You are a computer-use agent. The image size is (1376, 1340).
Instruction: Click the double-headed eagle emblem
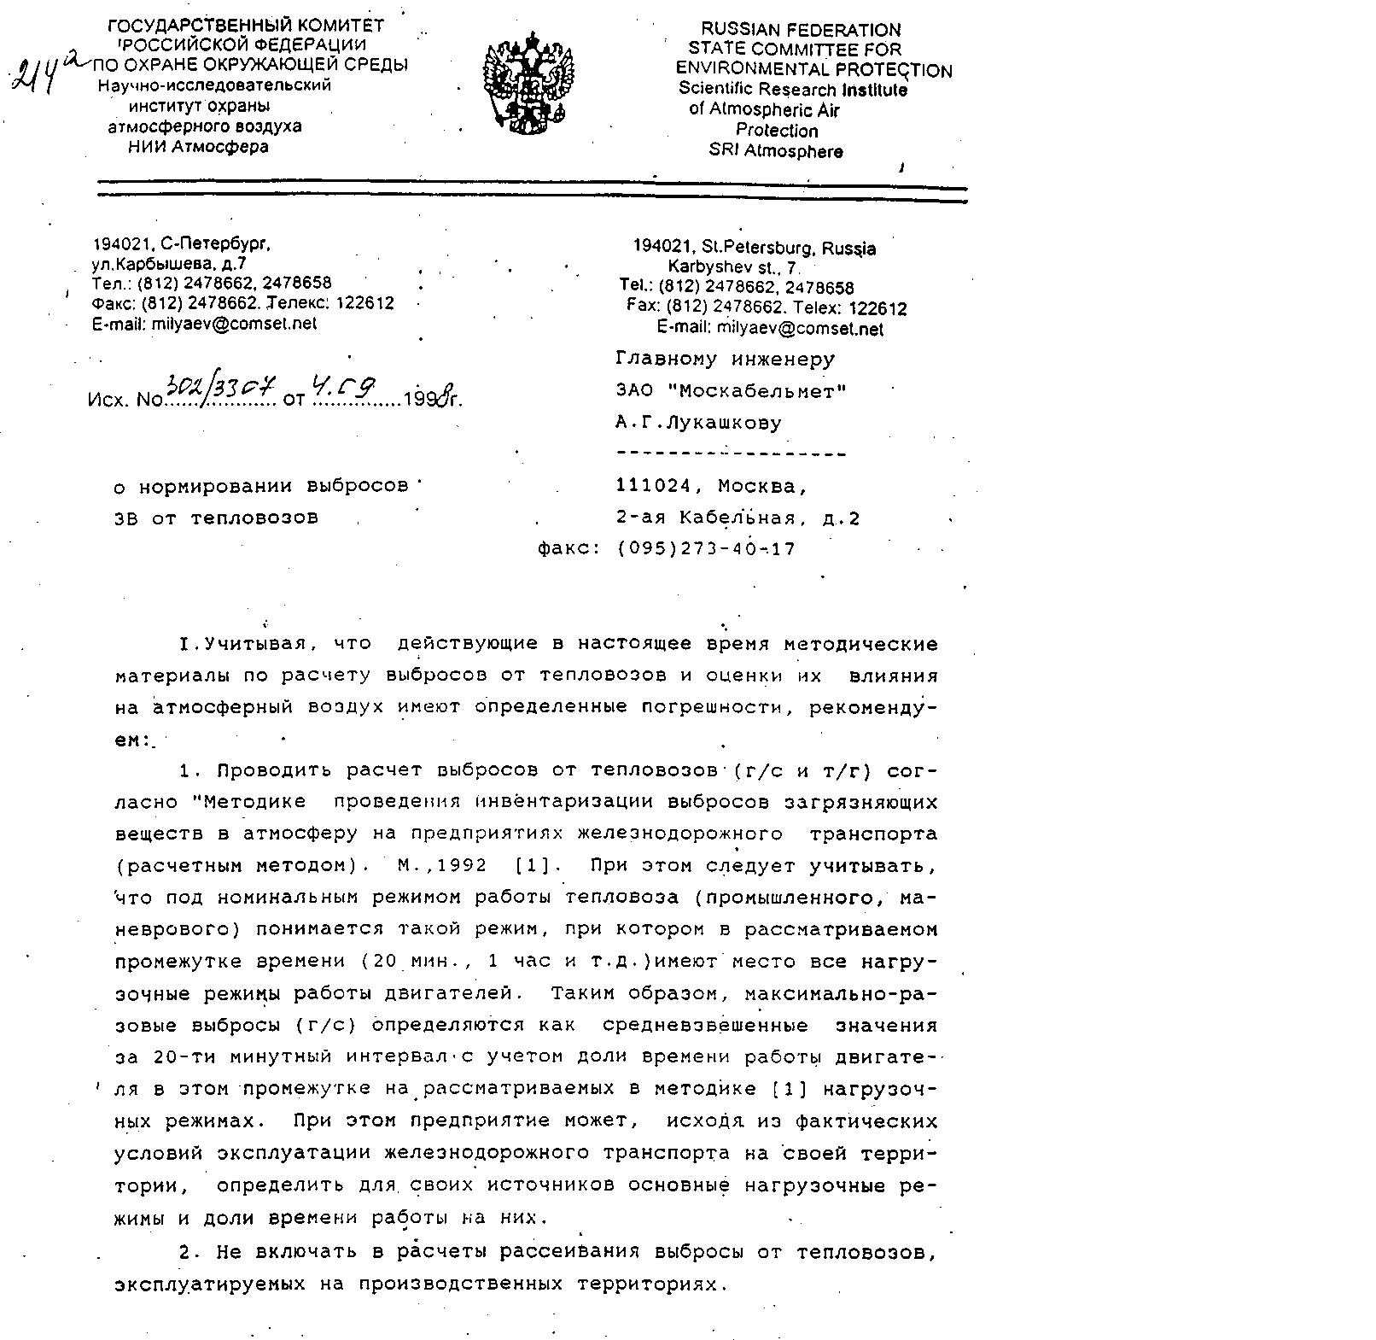tap(528, 83)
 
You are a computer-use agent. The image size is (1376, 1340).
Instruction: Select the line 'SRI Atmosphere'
tap(776, 151)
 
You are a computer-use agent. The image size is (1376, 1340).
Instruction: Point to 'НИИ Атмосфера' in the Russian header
tap(198, 147)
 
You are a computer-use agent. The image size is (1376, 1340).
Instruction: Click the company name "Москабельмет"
tap(756, 391)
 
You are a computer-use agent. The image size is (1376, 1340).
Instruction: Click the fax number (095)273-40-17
tap(705, 549)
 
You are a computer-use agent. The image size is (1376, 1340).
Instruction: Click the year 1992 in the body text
tap(462, 865)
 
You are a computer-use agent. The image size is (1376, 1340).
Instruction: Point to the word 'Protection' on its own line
tap(777, 131)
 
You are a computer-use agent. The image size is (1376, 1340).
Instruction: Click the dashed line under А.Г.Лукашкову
tap(731, 453)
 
